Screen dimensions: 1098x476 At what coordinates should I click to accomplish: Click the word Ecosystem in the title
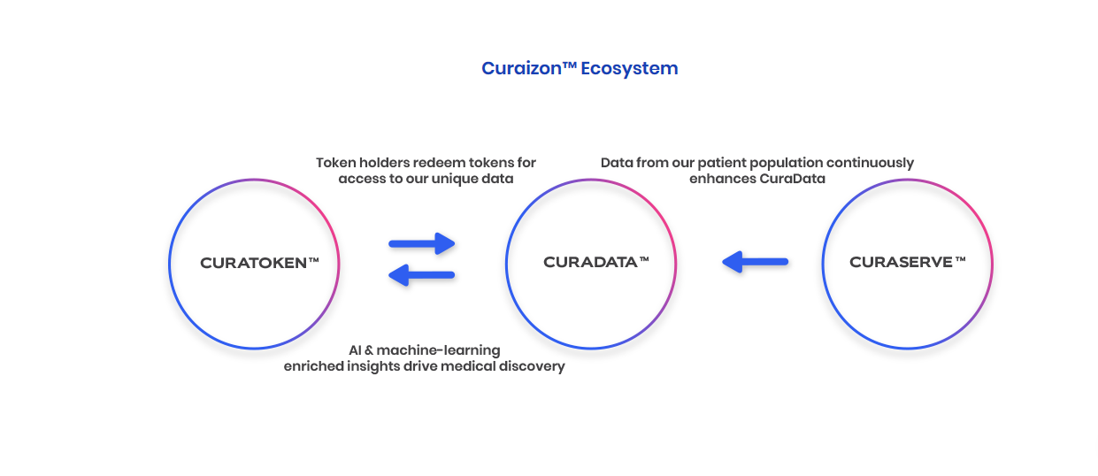pyautogui.click(x=629, y=69)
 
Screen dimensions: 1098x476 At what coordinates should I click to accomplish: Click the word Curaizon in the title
pyautogui.click(x=521, y=68)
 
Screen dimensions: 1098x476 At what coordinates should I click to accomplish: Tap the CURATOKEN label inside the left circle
pyautogui.click(x=253, y=264)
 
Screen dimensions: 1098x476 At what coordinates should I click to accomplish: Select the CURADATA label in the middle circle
pyautogui.click(x=590, y=262)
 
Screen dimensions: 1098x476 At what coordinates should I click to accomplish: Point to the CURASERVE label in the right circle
pyautogui.click(x=901, y=262)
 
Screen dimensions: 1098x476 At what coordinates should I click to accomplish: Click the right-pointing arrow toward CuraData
pyautogui.click(x=422, y=243)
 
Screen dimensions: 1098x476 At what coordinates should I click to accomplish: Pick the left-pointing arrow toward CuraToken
pyautogui.click(x=421, y=275)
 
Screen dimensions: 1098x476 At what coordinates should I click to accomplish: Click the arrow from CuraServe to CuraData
pyautogui.click(x=756, y=262)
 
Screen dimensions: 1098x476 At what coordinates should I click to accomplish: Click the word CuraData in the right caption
pyautogui.click(x=792, y=179)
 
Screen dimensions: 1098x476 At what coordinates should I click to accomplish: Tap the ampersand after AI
pyautogui.click(x=368, y=350)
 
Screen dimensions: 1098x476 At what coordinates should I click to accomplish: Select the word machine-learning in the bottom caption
pyautogui.click(x=438, y=351)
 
